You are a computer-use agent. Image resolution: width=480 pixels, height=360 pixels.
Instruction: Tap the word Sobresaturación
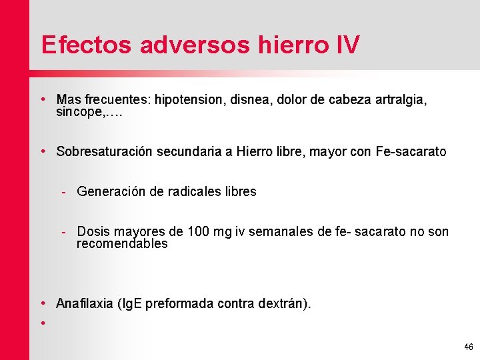tap(105, 152)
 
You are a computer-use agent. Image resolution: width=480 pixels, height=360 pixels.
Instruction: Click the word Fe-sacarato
tap(411, 152)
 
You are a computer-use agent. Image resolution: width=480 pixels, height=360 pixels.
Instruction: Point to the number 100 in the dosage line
tap(199, 232)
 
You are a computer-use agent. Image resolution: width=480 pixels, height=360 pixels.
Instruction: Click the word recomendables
tap(122, 244)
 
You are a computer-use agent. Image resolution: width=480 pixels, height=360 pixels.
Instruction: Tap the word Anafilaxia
tap(84, 304)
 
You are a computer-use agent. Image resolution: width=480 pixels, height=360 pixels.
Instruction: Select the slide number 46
tap(468, 347)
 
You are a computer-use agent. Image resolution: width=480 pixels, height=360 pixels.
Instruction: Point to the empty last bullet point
tap(43, 323)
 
